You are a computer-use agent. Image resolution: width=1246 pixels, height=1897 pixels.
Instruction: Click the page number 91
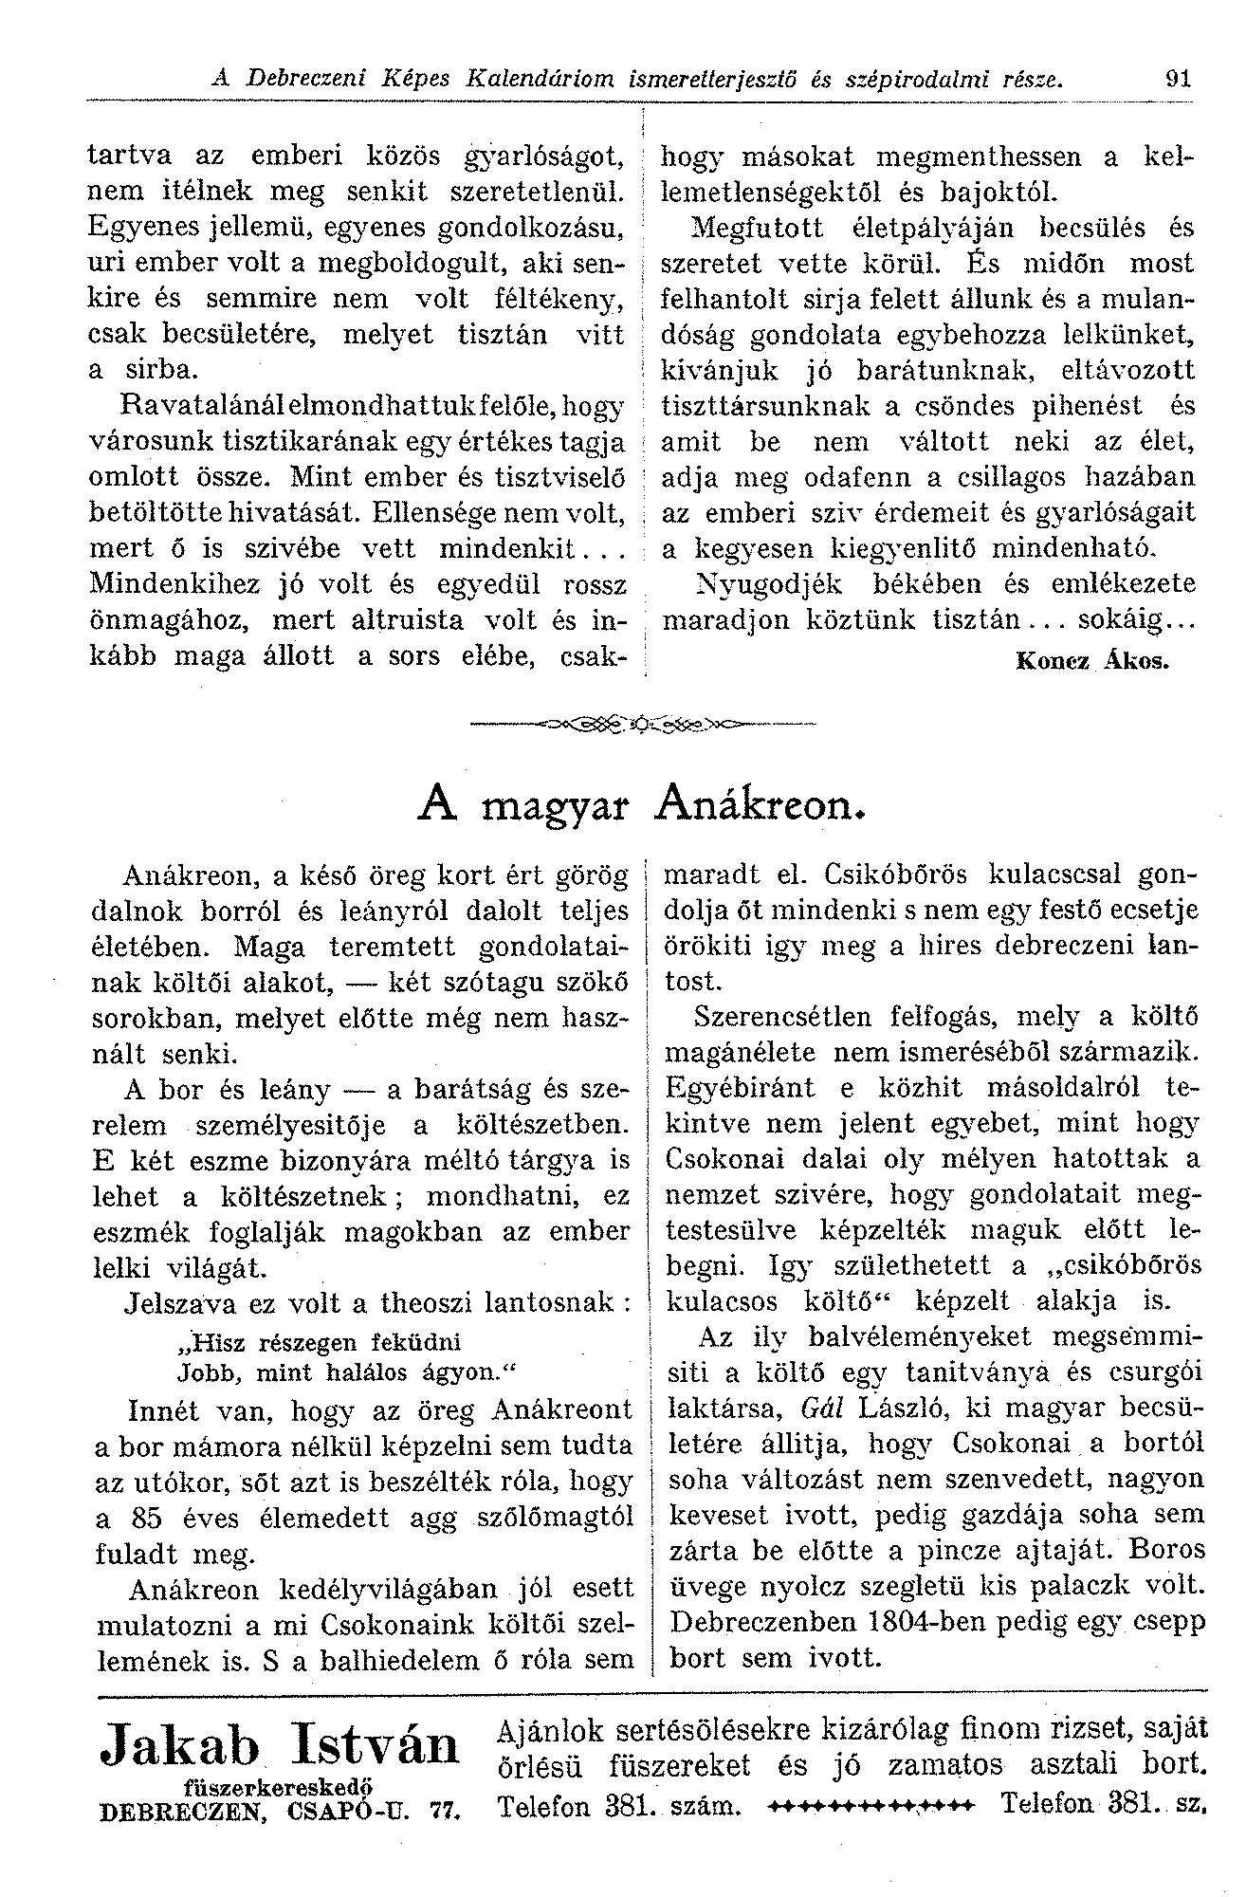pyautogui.click(x=1179, y=79)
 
